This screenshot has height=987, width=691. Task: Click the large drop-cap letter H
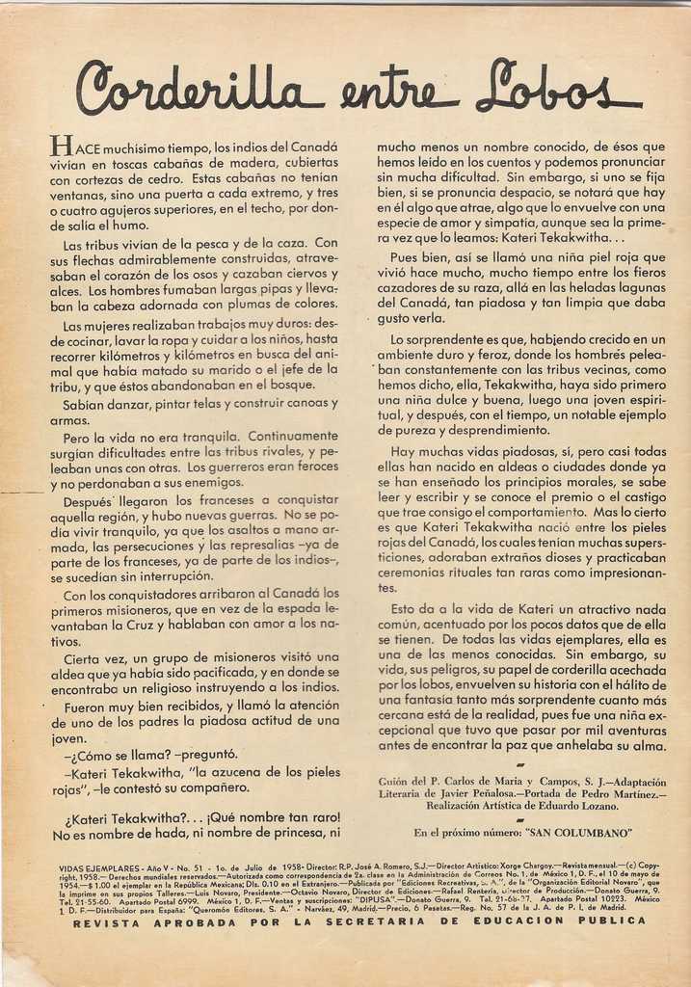[x=61, y=147]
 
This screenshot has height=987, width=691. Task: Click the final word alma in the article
[x=648, y=745]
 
